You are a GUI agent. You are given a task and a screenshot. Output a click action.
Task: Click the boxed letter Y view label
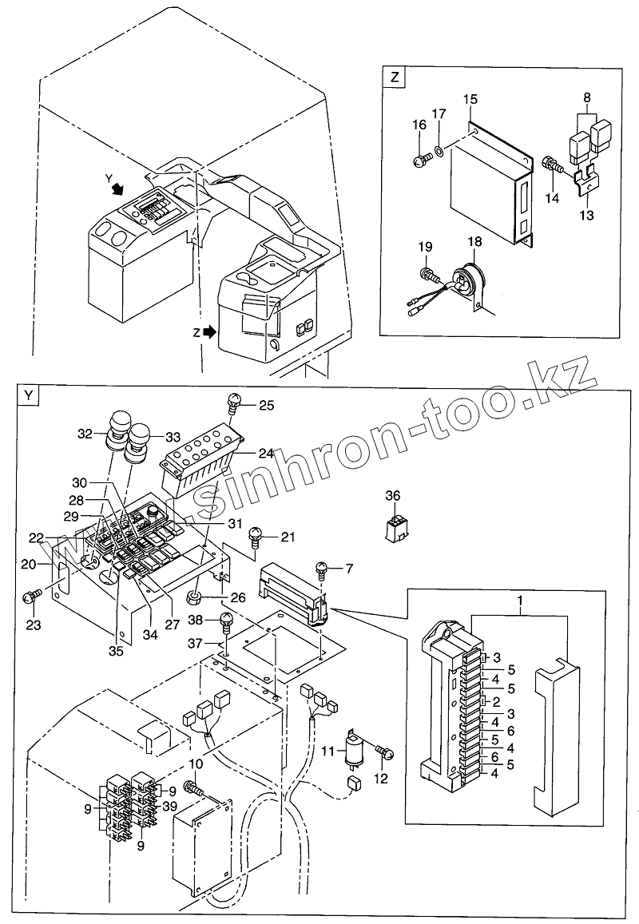(30, 395)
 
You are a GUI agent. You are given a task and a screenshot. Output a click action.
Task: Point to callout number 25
(267, 405)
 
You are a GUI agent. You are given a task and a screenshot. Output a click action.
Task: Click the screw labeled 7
(323, 569)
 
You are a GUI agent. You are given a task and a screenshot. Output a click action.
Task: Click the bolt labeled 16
(420, 159)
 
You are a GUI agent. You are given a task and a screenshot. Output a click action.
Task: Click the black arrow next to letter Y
(118, 188)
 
